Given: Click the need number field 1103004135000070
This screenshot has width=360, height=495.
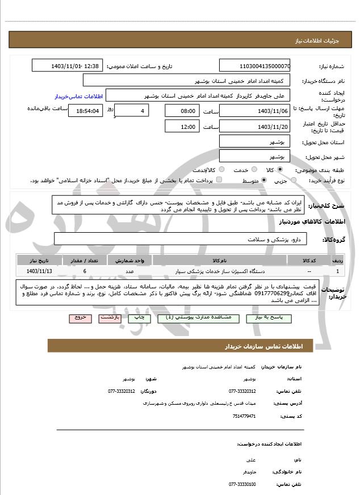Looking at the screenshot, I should [x=254, y=66].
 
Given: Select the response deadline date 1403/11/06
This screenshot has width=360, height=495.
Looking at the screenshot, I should [x=254, y=111].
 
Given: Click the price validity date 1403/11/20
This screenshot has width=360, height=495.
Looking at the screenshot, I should [x=254, y=127].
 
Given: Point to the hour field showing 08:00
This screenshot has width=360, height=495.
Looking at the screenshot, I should [x=182, y=111].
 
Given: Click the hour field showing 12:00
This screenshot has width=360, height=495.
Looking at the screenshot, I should [x=182, y=127].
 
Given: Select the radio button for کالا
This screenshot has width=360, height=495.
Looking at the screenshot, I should [x=280, y=170].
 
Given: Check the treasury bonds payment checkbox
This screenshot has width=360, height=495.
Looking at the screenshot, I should [x=219, y=181].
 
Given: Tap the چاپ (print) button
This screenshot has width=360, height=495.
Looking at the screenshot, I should [x=140, y=318].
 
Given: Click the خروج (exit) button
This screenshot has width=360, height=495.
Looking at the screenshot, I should [x=79, y=318].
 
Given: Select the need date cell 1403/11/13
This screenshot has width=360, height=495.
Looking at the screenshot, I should [x=39, y=271].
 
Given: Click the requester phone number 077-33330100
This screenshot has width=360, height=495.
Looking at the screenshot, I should [x=242, y=484].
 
